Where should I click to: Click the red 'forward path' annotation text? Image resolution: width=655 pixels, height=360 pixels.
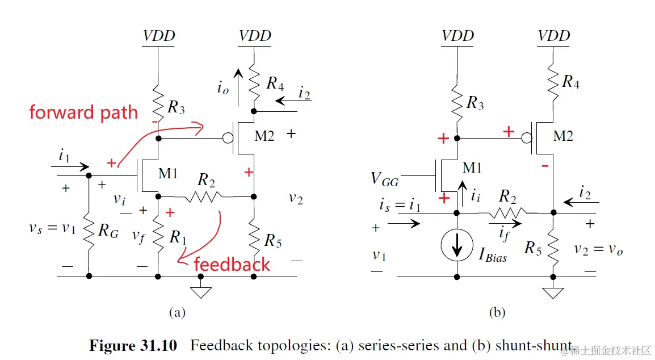(x=83, y=112)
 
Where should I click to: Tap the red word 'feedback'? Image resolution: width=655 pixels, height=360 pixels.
(x=232, y=264)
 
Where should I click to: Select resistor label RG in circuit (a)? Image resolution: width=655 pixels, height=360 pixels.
(x=107, y=231)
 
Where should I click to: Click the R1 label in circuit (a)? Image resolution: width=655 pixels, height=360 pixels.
(x=178, y=238)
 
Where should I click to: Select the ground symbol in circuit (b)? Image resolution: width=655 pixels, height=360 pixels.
(x=553, y=291)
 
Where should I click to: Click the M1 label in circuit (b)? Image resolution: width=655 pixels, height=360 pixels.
(x=473, y=168)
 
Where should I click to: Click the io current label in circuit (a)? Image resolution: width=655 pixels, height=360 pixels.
(x=222, y=88)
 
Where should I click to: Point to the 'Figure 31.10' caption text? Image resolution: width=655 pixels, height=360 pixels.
(x=133, y=345)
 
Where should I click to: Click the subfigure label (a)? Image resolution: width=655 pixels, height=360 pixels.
(x=177, y=312)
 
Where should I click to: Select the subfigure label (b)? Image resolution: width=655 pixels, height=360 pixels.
(x=497, y=312)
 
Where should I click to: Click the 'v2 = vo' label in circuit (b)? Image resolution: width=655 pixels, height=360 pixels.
(x=598, y=249)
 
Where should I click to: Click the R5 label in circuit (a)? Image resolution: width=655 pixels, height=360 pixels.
(x=273, y=240)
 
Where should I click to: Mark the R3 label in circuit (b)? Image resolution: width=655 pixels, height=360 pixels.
(x=475, y=103)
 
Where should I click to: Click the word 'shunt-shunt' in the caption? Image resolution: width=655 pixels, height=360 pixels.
(x=534, y=345)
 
